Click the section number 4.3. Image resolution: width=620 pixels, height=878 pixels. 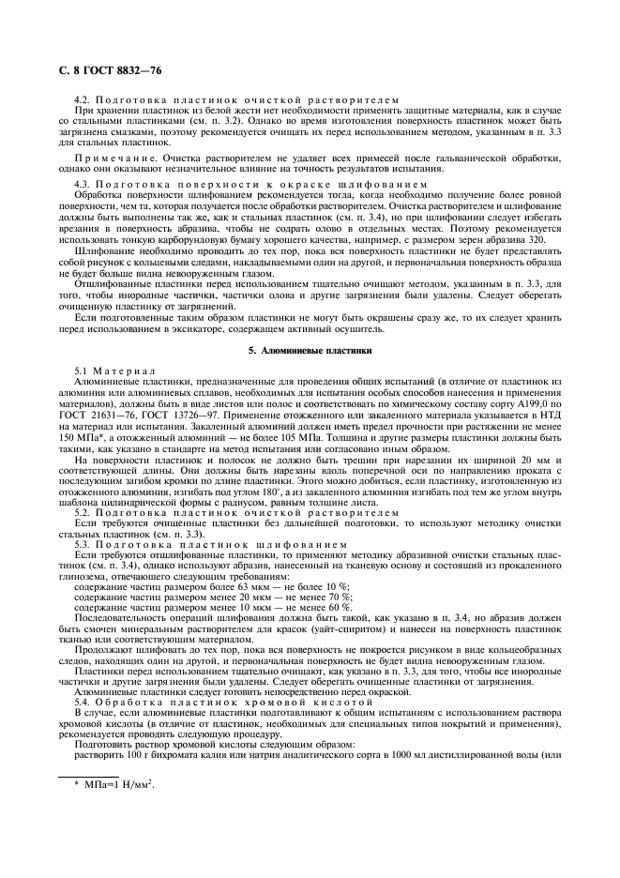(82, 185)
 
